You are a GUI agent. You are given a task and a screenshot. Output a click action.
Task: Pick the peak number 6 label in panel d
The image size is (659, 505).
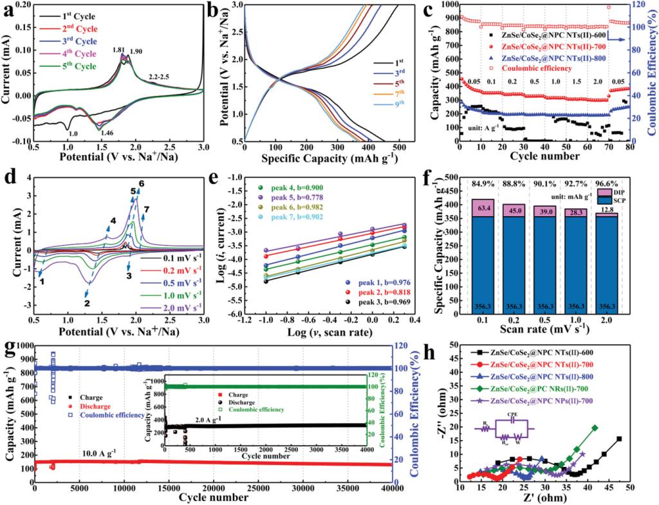click(141, 183)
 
